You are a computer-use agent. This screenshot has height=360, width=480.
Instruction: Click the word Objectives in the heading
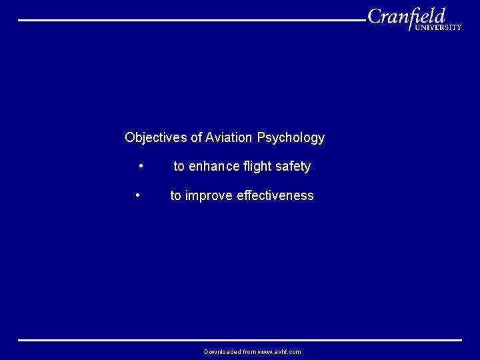click(x=156, y=138)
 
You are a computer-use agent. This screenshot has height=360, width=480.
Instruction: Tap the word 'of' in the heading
click(x=196, y=138)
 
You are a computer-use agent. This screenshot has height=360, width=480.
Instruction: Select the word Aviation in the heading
click(x=229, y=138)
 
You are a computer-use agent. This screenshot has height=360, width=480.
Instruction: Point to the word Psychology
click(x=291, y=138)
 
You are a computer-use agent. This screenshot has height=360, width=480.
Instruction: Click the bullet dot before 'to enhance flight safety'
click(x=141, y=165)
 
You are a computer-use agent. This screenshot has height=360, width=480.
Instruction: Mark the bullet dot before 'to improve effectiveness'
click(x=137, y=195)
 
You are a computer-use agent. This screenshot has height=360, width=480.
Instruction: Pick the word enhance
click(x=213, y=167)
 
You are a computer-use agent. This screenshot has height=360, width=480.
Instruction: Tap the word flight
click(x=257, y=167)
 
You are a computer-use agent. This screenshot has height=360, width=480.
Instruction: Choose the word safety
click(x=293, y=167)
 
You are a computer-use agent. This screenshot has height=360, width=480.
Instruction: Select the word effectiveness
click(x=275, y=196)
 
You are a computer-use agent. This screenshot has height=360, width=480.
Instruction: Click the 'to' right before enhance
click(x=179, y=167)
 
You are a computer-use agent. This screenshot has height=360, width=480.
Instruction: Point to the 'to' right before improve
click(x=175, y=196)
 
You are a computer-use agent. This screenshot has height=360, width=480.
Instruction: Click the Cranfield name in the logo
click(x=406, y=16)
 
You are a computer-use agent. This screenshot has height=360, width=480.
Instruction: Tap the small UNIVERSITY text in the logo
click(x=438, y=27)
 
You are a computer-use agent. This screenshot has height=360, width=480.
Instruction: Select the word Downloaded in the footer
click(x=222, y=352)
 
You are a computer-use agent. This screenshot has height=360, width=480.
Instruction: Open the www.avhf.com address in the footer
click(x=279, y=352)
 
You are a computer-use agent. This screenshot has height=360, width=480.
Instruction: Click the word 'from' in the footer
click(x=249, y=352)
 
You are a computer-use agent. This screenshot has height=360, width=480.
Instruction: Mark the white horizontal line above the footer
click(x=240, y=340)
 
